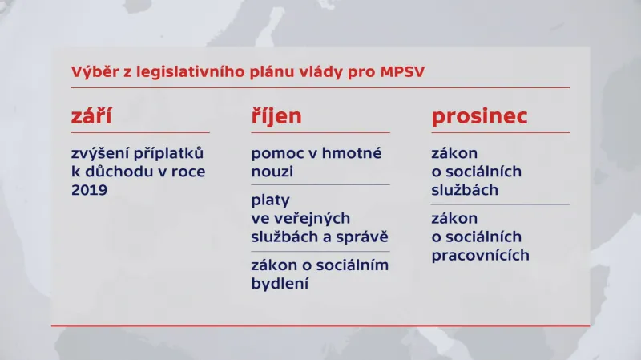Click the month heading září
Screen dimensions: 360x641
(x=91, y=117)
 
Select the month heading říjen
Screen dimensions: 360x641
(x=276, y=117)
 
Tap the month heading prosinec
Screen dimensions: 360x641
(x=480, y=117)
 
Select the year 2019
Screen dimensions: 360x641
(x=89, y=190)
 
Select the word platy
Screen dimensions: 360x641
(x=270, y=200)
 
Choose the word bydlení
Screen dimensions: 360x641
(x=280, y=284)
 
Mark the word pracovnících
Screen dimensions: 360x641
(x=481, y=256)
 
